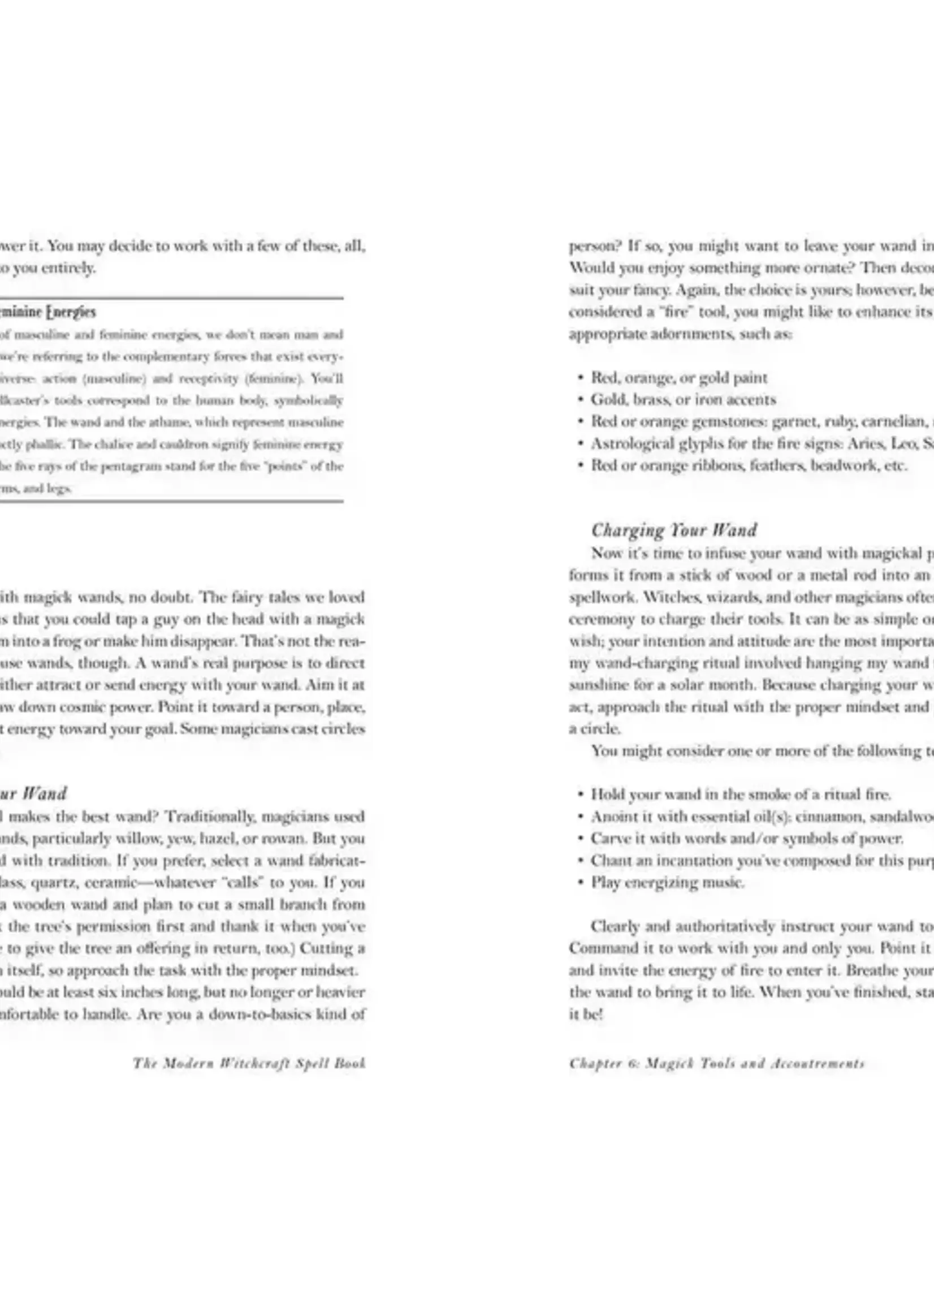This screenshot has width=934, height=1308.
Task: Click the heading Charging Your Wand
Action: pos(673,530)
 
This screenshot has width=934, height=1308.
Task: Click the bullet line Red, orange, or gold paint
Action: pos(678,377)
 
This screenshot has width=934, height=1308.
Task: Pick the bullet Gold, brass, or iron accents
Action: pos(683,399)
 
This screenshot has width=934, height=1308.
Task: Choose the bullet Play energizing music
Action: pos(667,882)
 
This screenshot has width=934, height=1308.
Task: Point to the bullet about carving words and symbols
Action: pos(746,839)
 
